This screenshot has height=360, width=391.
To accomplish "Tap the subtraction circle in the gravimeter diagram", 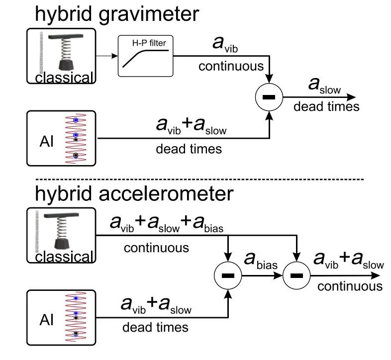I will pyautogui.click(x=269, y=97).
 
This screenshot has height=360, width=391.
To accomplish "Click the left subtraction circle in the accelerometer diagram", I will pyautogui.click(x=227, y=276).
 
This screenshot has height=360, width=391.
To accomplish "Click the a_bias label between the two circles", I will pyautogui.click(x=260, y=262).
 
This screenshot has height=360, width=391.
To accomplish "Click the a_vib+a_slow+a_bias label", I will pyautogui.click(x=167, y=225).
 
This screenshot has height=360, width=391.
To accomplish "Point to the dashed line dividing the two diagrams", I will pyautogui.click(x=199, y=179).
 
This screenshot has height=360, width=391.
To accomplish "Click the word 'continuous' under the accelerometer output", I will pyautogui.click(x=350, y=286).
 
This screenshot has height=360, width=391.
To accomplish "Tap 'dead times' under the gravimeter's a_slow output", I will pyautogui.click(x=326, y=106).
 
